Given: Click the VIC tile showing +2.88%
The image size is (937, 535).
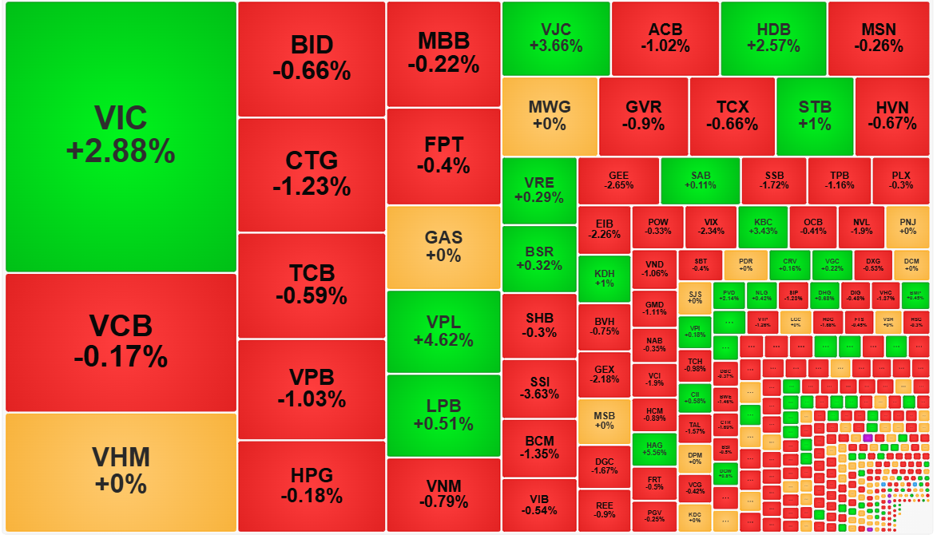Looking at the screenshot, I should click(x=121, y=136).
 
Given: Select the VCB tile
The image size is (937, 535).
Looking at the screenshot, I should click(x=121, y=342).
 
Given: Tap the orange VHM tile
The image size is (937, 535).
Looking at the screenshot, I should click(x=121, y=471).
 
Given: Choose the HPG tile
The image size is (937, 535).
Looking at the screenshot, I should click(x=312, y=484).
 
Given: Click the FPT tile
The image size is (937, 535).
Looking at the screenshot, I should click(x=443, y=156).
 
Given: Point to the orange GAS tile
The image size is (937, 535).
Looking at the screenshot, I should click(x=443, y=247).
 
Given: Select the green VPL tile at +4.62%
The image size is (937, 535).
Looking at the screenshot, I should click(x=443, y=331).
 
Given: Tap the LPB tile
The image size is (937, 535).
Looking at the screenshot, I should click(x=443, y=415).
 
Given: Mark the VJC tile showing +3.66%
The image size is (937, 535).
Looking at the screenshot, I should click(x=555, y=38).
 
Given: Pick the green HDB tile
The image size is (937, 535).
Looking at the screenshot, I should click(x=773, y=38).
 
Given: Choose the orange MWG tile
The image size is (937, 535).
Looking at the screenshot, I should click(x=550, y=116).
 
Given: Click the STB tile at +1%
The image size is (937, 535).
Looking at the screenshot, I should click(x=815, y=116).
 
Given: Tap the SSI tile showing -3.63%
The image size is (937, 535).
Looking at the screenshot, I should click(x=539, y=388).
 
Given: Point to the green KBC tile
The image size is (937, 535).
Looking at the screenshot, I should click(x=762, y=227).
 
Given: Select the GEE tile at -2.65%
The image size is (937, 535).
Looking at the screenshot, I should click(x=618, y=180).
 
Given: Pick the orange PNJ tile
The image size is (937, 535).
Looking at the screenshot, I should click(x=907, y=227).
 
